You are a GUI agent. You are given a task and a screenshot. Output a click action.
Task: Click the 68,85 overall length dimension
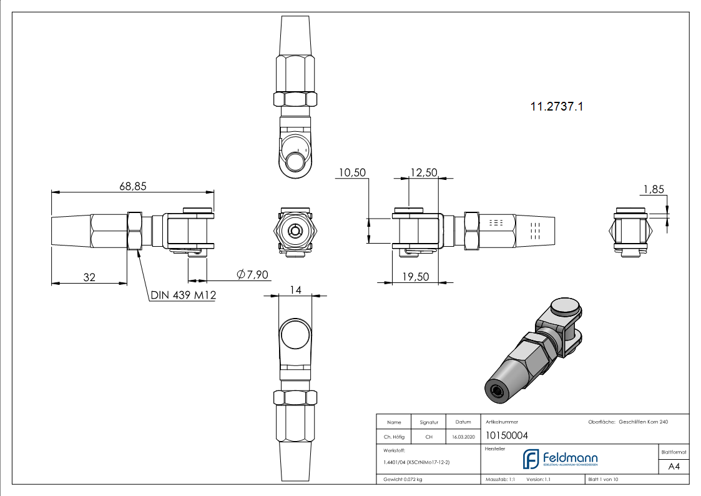(132, 186)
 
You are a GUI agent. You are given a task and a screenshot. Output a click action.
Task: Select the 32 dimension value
(89, 277)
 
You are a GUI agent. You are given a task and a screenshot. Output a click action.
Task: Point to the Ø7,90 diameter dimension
(253, 275)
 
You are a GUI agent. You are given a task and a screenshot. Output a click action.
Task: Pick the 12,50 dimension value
(423, 172)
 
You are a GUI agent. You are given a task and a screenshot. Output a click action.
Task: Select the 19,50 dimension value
(414, 277)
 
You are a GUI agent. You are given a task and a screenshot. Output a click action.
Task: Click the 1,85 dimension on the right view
(653, 189)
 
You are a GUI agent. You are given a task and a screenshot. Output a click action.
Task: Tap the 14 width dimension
(295, 289)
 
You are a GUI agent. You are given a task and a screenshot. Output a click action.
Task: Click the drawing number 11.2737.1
(557, 107)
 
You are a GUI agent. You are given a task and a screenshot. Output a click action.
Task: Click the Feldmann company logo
(560, 459)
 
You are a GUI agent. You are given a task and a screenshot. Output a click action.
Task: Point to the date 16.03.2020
(463, 437)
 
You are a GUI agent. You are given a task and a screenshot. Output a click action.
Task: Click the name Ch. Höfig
(393, 437)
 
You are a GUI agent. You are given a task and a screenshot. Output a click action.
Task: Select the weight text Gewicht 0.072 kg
(403, 479)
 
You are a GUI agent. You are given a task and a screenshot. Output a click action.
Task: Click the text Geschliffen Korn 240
(643, 422)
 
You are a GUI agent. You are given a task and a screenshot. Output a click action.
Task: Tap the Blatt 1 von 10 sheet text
(603, 479)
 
